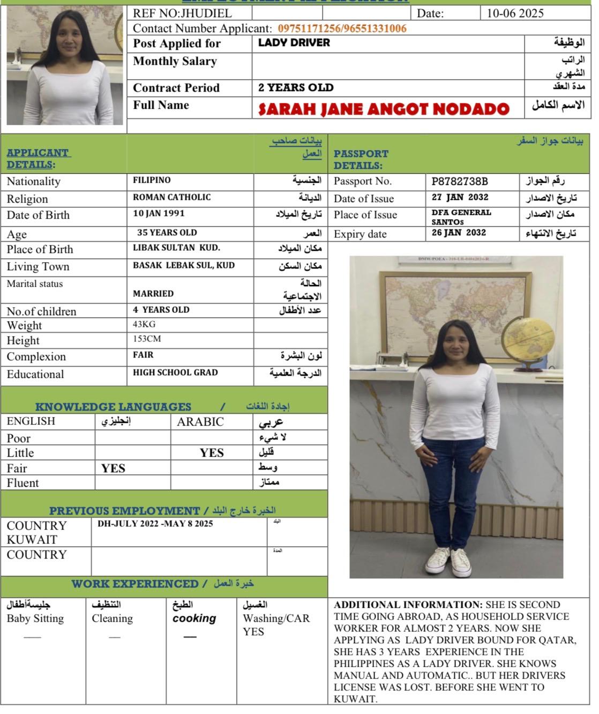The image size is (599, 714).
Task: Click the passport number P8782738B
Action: [x=460, y=181]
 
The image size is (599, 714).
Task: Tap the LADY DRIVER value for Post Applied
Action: [x=294, y=43]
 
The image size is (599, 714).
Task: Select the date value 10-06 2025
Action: [x=514, y=13]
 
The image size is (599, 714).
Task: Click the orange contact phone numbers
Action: [x=342, y=28]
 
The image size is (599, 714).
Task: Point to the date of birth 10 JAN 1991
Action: [x=159, y=213]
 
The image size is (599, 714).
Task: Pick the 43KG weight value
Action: [x=144, y=324]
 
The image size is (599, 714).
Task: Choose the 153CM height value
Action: [x=147, y=339]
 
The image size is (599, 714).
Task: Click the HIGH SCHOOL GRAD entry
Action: [x=175, y=373]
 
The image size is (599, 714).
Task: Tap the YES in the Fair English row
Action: [x=113, y=468]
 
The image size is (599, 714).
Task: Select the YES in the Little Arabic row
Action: [x=212, y=453]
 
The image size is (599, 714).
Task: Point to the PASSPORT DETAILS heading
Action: [x=361, y=159]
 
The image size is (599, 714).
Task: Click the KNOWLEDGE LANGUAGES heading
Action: [x=113, y=407]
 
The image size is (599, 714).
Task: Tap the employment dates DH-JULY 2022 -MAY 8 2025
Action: [x=155, y=524]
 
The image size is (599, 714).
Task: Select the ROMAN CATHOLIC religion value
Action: [x=172, y=197]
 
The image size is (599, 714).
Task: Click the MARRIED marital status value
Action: [x=153, y=294]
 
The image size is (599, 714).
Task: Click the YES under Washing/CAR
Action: [x=253, y=631]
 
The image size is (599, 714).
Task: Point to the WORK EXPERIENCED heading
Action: [x=135, y=584]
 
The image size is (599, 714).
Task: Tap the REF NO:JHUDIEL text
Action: [x=182, y=13]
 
